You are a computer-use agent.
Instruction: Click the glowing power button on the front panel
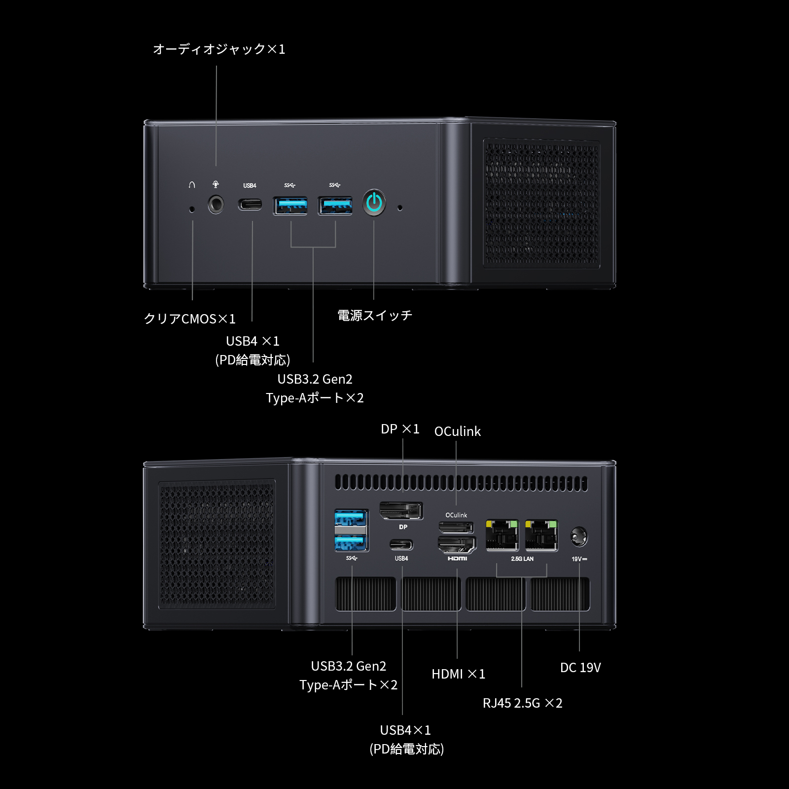click(x=374, y=203)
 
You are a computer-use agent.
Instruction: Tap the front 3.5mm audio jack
click(x=215, y=204)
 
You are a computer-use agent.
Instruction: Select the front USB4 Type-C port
click(x=250, y=204)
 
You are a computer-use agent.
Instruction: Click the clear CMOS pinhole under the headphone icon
click(x=192, y=210)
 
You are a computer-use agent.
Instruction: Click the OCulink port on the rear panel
click(x=456, y=528)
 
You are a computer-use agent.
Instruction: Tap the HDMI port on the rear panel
click(x=457, y=544)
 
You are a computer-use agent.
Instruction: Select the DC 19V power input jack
click(x=579, y=537)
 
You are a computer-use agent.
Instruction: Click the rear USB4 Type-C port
click(x=401, y=545)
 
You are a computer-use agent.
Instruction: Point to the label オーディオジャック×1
click(x=219, y=49)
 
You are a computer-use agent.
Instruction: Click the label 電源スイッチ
click(x=374, y=316)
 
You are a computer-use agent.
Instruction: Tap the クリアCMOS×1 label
click(x=190, y=319)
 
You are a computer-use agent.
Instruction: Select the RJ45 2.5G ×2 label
click(x=522, y=703)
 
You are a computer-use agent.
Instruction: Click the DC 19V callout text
click(x=580, y=668)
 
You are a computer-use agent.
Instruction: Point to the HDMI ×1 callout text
click(x=458, y=674)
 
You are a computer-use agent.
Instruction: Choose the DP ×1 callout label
click(x=400, y=429)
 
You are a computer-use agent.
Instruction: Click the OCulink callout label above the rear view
click(x=457, y=431)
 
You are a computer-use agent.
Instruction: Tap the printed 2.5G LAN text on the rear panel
click(x=522, y=559)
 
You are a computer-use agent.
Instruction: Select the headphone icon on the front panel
click(x=192, y=185)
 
